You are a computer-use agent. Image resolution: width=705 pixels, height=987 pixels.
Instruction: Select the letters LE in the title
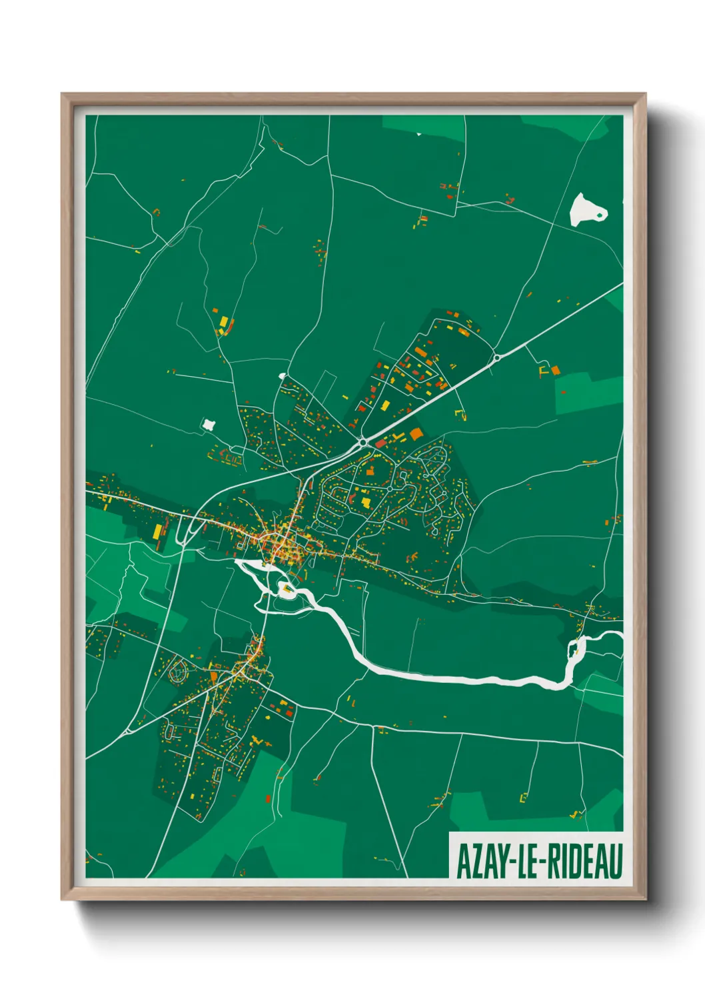pos(531,860)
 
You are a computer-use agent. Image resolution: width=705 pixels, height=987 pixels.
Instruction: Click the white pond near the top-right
pos(586,209)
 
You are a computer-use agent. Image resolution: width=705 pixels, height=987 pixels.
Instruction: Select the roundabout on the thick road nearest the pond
pos(496,358)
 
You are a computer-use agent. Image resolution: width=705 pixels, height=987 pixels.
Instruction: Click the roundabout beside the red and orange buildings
pos(362,441)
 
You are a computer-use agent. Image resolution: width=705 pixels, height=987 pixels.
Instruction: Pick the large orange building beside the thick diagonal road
pos(416,433)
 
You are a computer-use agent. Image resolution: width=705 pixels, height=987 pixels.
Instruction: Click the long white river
pos(453,678)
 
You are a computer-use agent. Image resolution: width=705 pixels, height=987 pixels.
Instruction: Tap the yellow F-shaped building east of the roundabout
pos(543,369)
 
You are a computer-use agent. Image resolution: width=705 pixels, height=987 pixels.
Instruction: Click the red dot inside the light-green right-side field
pos(563,393)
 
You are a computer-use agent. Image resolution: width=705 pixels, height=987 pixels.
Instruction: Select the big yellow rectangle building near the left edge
pos(157,531)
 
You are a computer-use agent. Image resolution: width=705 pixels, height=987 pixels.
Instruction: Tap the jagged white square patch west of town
pos(209,424)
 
